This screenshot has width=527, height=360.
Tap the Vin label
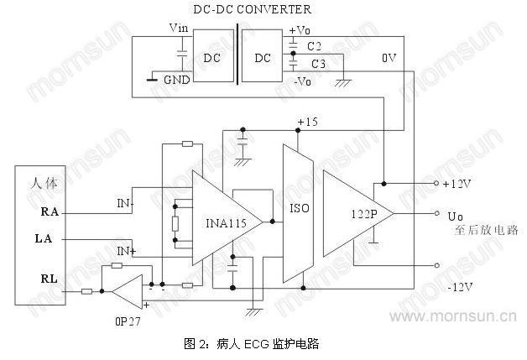coord(178,28)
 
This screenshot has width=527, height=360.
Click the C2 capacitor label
coord(315,45)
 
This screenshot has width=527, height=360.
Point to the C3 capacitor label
coord(318,64)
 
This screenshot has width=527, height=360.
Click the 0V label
coord(389,59)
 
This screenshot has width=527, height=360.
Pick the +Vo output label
coord(299,31)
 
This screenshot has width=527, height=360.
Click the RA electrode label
coord(50,212)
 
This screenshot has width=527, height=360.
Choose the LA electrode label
coord(45,240)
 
